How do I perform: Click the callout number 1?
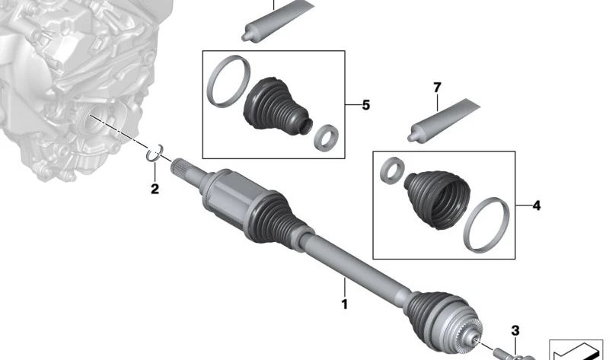(344, 304)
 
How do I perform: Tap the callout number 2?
(155, 189)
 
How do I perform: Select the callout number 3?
(515, 330)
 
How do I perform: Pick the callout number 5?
(365, 104)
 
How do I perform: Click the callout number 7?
(437, 88)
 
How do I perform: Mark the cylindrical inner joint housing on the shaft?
(232, 194)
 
